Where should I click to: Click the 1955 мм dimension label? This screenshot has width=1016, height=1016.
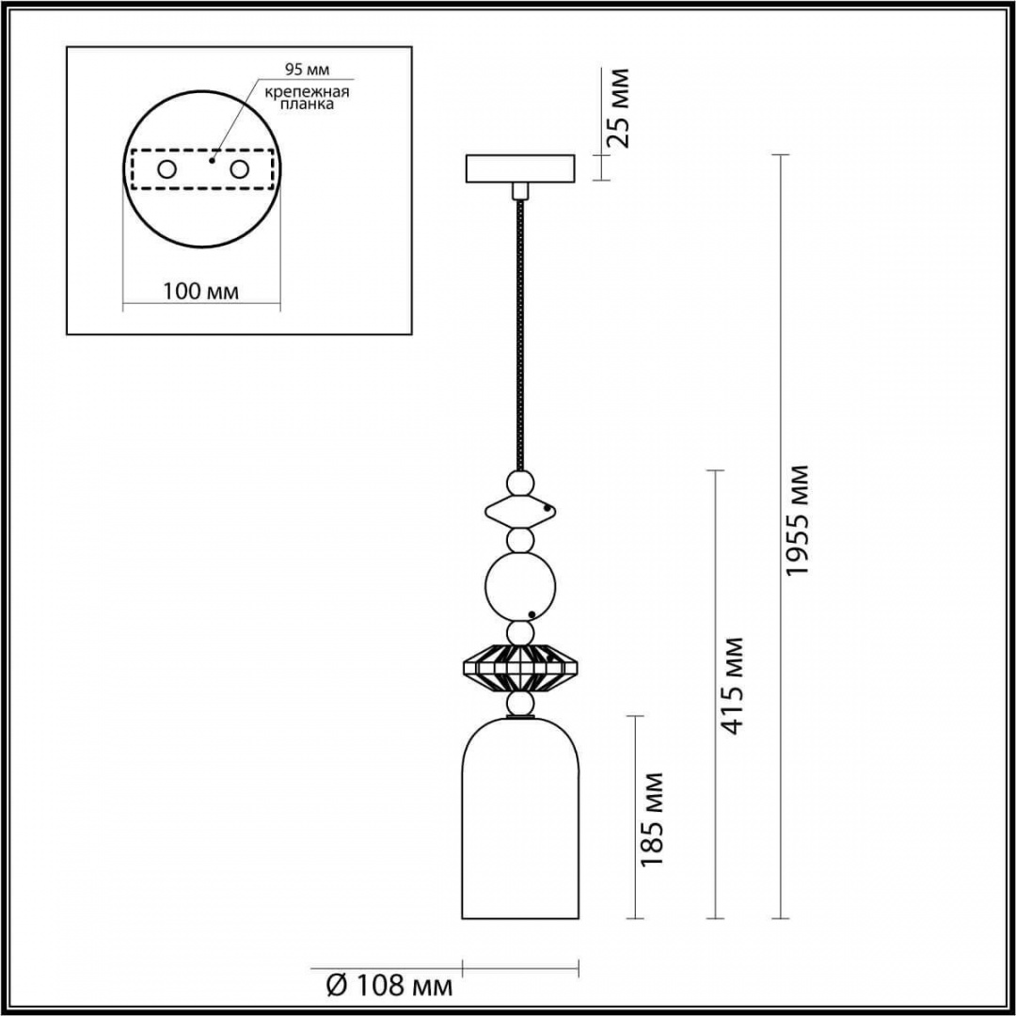pos(796,519)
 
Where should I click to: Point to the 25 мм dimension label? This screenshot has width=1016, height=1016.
pos(615,108)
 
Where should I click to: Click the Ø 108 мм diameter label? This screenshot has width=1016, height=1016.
pos(389,986)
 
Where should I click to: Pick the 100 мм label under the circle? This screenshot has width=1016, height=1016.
pos(200,292)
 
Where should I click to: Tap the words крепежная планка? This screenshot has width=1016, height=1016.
pos(307,97)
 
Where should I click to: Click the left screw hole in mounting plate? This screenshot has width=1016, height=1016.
pos(167,169)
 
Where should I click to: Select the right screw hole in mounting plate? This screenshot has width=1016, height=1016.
pos(239,169)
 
